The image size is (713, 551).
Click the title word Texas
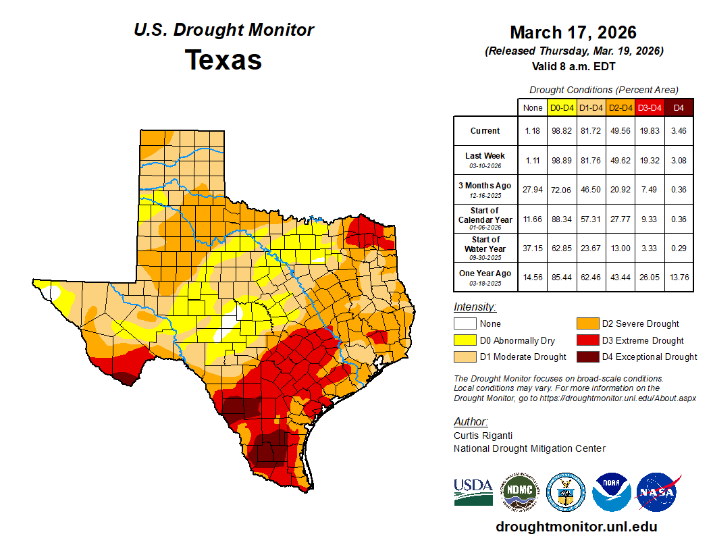tap(223, 60)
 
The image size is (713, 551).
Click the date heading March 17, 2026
tap(573, 32)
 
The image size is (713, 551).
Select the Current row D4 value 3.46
tap(679, 130)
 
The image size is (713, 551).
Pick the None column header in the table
tap(532, 107)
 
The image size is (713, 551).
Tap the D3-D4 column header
tap(649, 107)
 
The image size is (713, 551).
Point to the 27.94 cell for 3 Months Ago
tap(532, 190)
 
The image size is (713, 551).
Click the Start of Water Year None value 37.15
tap(532, 248)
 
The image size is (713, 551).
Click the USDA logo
tap(473, 492)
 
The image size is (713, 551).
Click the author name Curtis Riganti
tap(484, 436)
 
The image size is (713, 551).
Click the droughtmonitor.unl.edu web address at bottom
tap(576, 527)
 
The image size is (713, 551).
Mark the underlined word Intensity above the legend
tap(475, 307)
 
